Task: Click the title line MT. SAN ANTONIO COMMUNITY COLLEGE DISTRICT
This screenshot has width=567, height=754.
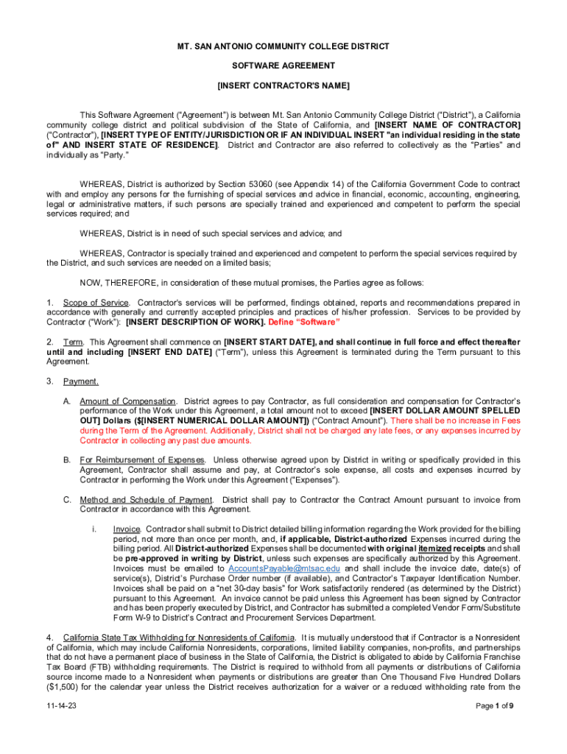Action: [x=283, y=46]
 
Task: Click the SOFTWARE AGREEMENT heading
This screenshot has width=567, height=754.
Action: [x=283, y=66]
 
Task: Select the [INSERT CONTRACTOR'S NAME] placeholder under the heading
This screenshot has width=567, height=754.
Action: [x=283, y=86]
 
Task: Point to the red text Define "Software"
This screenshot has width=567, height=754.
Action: [x=304, y=323]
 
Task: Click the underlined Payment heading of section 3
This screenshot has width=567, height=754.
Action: [x=81, y=381]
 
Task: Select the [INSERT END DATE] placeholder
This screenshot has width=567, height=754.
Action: [x=169, y=352]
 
